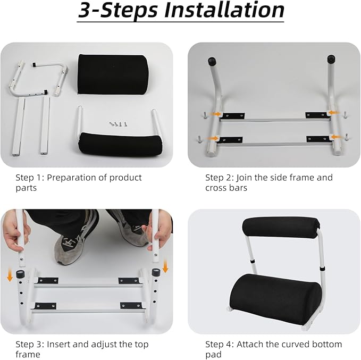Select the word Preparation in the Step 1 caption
click(72, 178)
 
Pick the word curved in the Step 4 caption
click(288, 344)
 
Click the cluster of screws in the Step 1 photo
click(119, 124)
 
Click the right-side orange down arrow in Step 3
click(165, 265)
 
